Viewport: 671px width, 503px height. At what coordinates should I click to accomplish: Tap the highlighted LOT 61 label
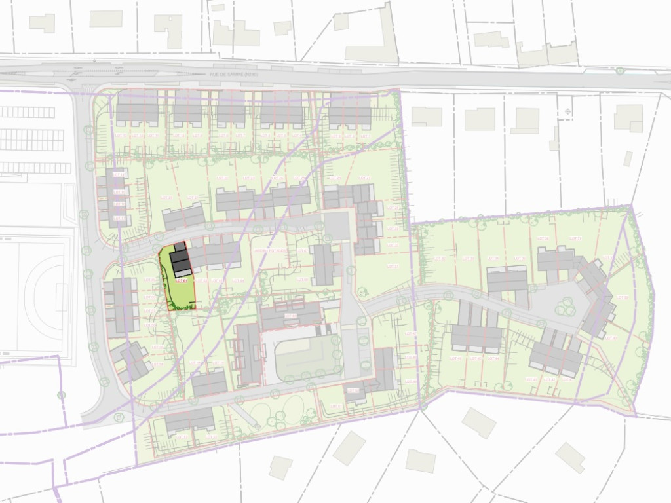182,281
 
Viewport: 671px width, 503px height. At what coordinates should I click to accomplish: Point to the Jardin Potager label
269,250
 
